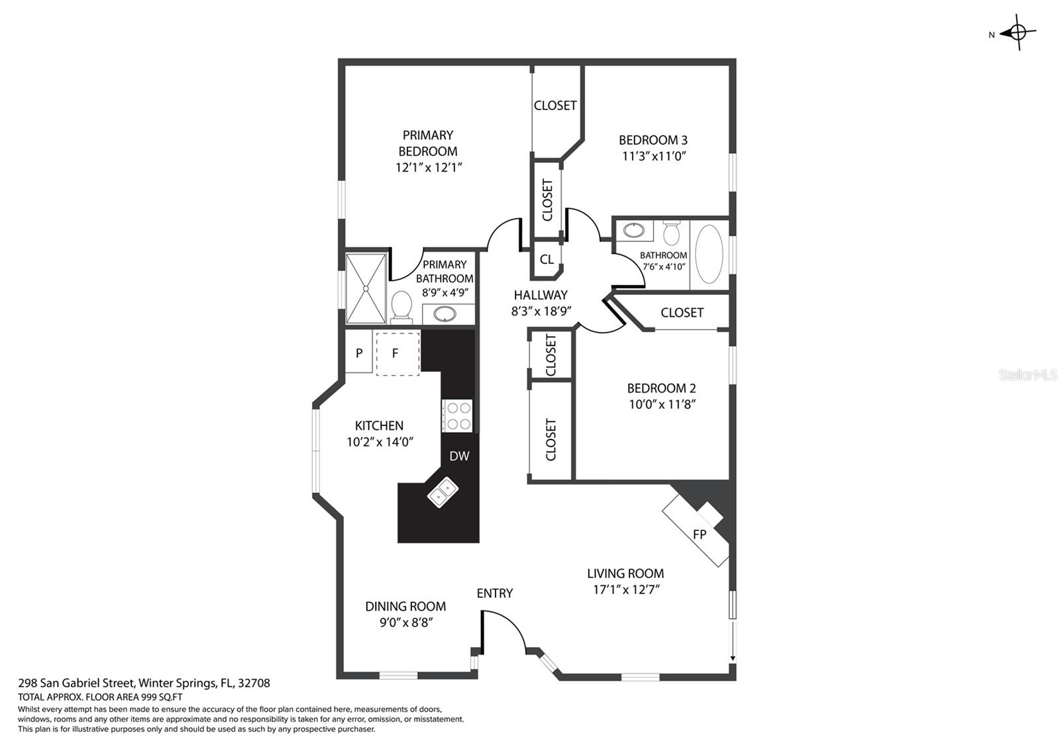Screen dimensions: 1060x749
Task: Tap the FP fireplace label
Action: pos(700,534)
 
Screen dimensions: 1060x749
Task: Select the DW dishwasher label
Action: pos(459,456)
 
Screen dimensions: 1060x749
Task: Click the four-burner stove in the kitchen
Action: pos(457,416)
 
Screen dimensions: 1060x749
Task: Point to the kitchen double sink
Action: pos(443,492)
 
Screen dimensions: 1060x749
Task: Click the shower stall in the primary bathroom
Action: pos(366,288)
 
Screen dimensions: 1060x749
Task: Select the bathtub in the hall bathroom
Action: pos(709,254)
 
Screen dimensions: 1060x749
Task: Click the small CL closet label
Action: pos(547,259)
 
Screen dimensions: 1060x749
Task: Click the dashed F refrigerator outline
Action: pos(397,354)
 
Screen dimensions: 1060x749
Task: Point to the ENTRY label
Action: pos(494,593)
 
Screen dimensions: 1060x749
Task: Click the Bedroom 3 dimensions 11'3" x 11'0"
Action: pos(654,156)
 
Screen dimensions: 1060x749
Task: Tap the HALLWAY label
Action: pos(541,295)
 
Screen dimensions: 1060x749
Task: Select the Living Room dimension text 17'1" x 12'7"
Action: pos(627,589)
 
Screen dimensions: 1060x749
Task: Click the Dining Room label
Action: pos(405,606)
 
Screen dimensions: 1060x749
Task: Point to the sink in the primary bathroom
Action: pos(445,314)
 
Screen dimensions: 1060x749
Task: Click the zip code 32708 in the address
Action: pos(254,683)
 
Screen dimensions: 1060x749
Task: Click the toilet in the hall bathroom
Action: pos(671,231)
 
